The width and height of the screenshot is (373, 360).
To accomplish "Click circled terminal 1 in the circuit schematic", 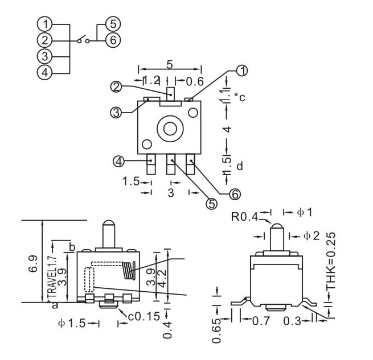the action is click(x=44, y=24).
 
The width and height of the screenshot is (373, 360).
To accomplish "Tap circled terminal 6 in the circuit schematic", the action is click(x=113, y=40).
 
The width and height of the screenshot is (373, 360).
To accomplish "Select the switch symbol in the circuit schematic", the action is click(x=83, y=40).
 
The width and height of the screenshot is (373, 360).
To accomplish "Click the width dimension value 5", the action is click(x=169, y=64).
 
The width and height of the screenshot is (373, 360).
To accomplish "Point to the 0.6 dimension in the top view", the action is click(x=195, y=81).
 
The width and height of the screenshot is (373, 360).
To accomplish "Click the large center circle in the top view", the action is click(x=170, y=129).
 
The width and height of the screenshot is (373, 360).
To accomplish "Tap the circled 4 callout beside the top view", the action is click(x=118, y=162).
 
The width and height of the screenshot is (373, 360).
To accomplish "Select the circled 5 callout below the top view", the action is click(x=211, y=204).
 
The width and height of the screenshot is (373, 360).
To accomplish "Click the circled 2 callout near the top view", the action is click(x=116, y=87).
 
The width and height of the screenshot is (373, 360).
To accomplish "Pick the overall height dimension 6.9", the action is click(x=33, y=263).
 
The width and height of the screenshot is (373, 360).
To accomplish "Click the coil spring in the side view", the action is click(x=129, y=270).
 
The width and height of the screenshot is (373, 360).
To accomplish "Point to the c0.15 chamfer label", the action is click(x=144, y=316).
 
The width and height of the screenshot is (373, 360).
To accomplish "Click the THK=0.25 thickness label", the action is click(x=331, y=261).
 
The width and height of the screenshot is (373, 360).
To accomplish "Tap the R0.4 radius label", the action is click(x=245, y=217).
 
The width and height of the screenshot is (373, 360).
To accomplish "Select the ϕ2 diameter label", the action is click(x=311, y=236).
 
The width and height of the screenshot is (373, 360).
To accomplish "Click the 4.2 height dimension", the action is click(x=162, y=276).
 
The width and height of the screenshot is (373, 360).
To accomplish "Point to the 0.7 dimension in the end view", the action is click(x=261, y=321).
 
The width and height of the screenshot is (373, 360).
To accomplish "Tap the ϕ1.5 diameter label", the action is click(x=72, y=323).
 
